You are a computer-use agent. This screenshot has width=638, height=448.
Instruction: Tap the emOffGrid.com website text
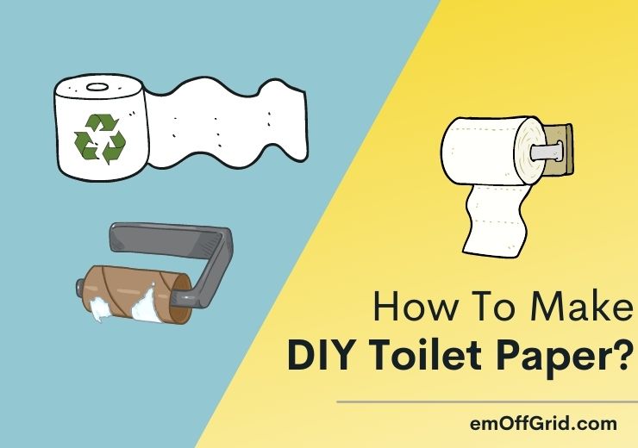(545, 423)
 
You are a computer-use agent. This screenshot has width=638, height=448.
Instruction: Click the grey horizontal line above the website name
(486, 402)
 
